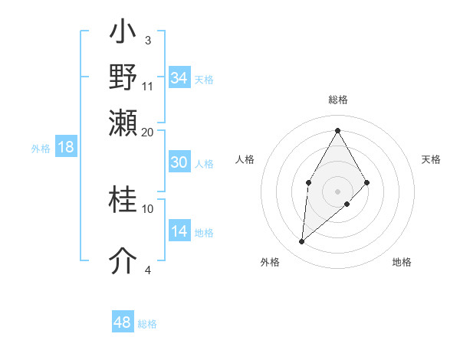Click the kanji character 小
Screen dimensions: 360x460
click(123, 34)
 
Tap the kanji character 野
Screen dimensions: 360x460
click(123, 78)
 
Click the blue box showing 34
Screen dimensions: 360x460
click(179, 78)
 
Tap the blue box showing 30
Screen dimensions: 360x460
click(179, 162)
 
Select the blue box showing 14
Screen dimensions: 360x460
click(179, 231)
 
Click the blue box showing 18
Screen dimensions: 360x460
click(66, 148)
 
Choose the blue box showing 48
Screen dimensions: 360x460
click(123, 322)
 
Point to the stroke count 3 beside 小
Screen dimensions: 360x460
click(147, 40)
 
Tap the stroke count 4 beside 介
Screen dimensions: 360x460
click(147, 270)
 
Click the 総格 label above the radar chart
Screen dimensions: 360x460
click(337, 100)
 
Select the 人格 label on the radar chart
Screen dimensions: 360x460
click(245, 159)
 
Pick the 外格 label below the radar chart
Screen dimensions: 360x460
click(270, 262)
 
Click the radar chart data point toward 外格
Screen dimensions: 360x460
click(301, 242)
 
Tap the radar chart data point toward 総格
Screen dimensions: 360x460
click(337, 130)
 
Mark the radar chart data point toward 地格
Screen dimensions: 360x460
click(347, 204)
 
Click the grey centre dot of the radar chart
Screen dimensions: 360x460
click(337, 191)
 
